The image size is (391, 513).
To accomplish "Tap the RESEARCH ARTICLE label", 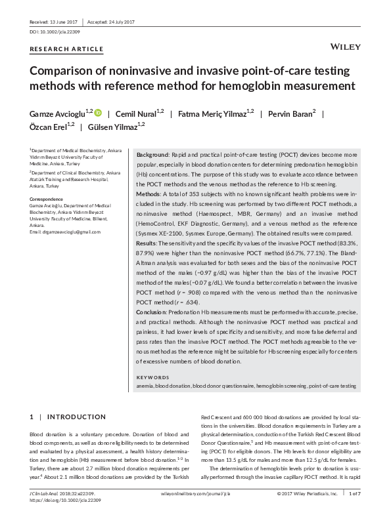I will (66, 49).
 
